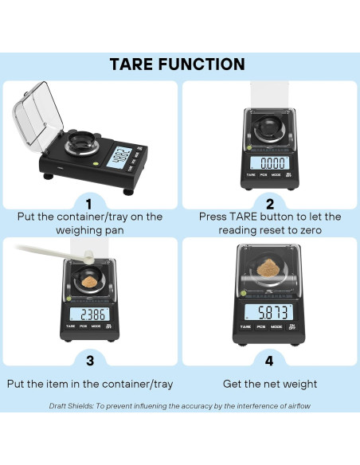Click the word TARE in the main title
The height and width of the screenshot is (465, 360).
131,64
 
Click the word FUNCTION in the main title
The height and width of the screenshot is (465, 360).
202,64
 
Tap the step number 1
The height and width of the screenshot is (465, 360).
88,205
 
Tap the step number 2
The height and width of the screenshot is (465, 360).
270,205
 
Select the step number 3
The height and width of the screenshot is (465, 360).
90,361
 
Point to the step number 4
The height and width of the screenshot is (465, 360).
269,361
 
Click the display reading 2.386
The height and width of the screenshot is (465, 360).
92,315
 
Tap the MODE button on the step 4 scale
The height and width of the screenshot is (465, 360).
276,326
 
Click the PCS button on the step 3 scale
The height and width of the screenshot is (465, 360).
83,326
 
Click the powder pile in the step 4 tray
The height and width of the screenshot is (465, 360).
267,268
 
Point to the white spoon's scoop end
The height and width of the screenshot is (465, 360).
88,257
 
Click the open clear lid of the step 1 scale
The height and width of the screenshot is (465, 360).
37,115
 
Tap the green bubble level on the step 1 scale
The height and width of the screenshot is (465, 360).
96,163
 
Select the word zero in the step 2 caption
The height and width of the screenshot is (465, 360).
311,230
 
